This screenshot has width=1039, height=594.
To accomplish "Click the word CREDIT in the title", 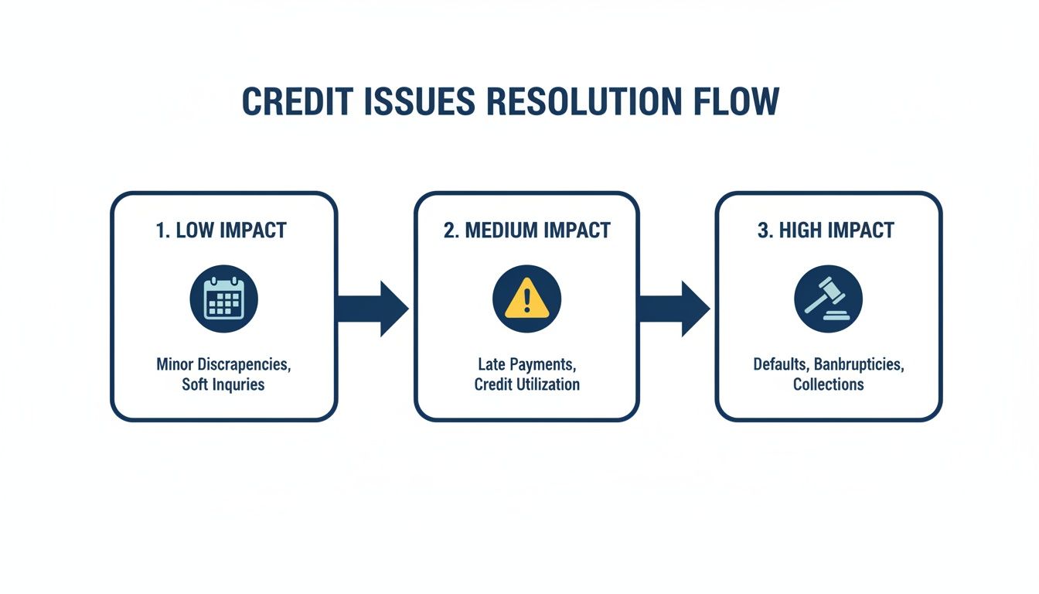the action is pyautogui.click(x=298, y=101).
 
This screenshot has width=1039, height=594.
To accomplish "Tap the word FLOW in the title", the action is pyautogui.click(x=736, y=101).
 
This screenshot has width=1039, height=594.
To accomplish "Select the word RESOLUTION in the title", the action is pyautogui.click(x=584, y=101).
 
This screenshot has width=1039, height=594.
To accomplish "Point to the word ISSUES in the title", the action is pyautogui.click(x=420, y=101).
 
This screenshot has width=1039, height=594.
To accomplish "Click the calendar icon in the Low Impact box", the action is pyautogui.click(x=224, y=299).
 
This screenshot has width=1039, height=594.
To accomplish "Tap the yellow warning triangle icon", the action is pyautogui.click(x=527, y=299).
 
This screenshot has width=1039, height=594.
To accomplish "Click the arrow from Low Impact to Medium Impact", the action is pyautogui.click(x=373, y=309).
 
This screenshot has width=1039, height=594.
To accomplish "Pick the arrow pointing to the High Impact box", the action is pyautogui.click(x=674, y=309).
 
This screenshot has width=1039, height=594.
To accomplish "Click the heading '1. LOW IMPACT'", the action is pyautogui.click(x=221, y=230).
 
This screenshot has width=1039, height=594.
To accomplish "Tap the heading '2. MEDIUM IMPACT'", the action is pyautogui.click(x=527, y=230).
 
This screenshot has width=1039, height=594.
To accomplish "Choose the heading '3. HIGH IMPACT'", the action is pyautogui.click(x=826, y=230).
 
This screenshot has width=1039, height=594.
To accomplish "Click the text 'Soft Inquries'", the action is pyautogui.click(x=223, y=384).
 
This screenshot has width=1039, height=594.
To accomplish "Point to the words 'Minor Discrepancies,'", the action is pyautogui.click(x=223, y=364).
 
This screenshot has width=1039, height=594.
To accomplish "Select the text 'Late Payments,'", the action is pyautogui.click(x=527, y=364).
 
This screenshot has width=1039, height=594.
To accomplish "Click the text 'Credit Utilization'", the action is pyautogui.click(x=527, y=384).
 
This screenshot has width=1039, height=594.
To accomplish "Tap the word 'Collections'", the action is pyautogui.click(x=829, y=384).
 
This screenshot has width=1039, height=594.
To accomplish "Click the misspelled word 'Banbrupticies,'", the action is pyautogui.click(x=859, y=365).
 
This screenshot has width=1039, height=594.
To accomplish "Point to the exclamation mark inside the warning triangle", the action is pyautogui.click(x=527, y=300).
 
